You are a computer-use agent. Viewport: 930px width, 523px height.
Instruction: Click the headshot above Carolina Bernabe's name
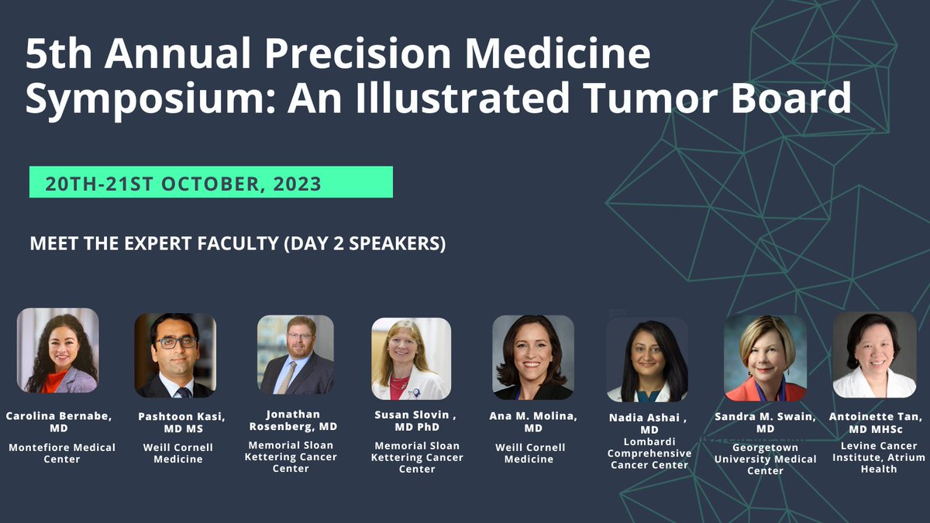58,350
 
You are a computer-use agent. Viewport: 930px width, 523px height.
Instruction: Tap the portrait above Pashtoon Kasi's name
174,355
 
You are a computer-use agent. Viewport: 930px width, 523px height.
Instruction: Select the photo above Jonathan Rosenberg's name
295,354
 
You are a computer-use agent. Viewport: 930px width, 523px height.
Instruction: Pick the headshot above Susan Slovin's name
411,358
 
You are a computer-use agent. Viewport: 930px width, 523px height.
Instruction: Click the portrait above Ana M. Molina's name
533,356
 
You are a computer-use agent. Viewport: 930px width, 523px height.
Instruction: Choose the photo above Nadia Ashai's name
647,360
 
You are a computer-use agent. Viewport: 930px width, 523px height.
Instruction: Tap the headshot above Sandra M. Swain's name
765,357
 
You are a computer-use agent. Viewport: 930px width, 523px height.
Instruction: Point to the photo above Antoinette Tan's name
874,355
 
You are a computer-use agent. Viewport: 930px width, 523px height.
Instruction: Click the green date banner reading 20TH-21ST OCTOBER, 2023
211,183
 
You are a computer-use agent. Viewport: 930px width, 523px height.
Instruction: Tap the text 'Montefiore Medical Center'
61,453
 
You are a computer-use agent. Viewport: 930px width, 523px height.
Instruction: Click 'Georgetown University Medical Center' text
765,464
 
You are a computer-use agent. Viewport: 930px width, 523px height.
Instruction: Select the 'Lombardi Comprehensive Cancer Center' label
649,453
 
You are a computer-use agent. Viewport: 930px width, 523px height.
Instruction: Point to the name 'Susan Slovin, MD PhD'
417,421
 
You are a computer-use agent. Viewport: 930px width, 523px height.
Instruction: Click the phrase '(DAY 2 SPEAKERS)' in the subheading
364,243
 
